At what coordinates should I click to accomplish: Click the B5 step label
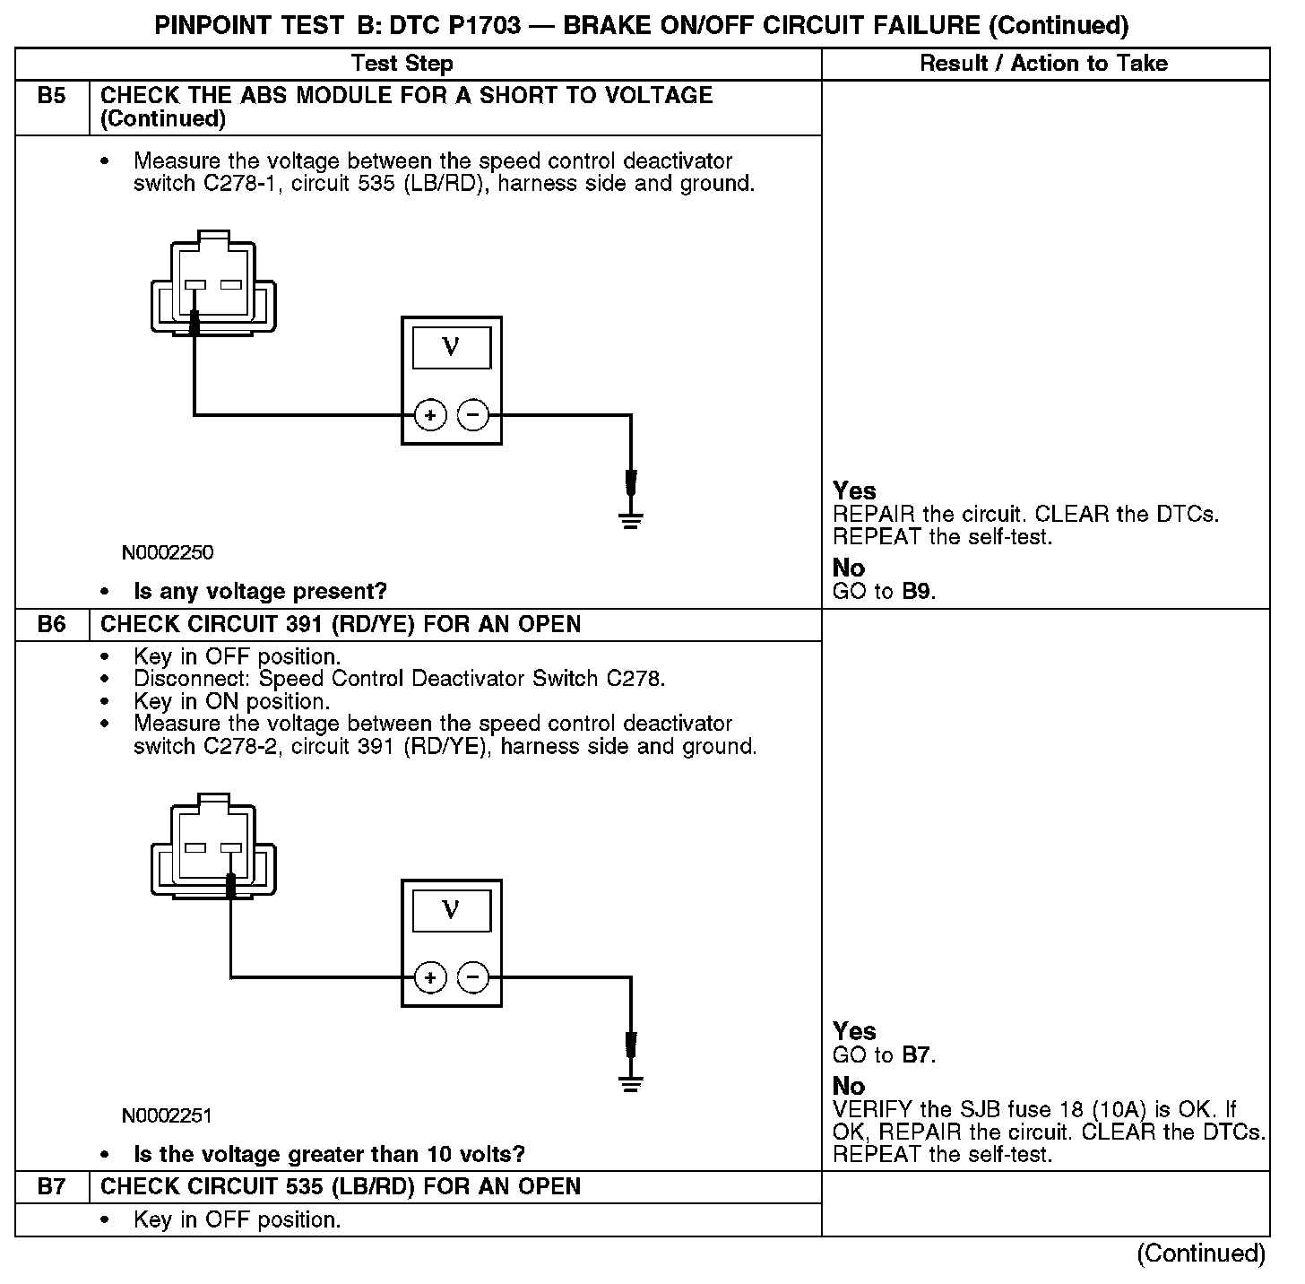click(52, 96)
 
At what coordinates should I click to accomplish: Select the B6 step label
click(52, 625)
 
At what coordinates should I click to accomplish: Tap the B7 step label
click(52, 1187)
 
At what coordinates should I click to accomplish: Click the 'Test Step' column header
click(402, 64)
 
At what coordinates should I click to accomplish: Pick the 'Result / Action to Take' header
click(1044, 64)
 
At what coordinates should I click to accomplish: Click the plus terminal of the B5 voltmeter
click(431, 415)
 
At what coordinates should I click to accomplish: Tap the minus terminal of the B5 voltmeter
click(473, 415)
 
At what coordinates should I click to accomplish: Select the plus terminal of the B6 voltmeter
click(431, 977)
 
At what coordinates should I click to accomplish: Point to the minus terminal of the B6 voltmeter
click(473, 977)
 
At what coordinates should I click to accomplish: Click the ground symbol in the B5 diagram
click(631, 520)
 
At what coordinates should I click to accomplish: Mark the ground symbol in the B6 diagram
click(631, 1083)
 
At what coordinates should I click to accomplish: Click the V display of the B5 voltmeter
click(451, 348)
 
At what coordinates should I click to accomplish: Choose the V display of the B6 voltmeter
click(451, 911)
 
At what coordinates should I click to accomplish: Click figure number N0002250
click(168, 552)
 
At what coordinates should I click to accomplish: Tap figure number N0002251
click(168, 1115)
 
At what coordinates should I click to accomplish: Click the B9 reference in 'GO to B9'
click(917, 592)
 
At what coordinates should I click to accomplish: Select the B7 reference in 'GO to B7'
click(917, 1055)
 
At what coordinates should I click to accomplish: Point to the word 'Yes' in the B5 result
click(854, 491)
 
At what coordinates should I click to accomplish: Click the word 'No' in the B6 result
click(849, 1087)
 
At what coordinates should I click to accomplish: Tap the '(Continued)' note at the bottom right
click(1201, 1254)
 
